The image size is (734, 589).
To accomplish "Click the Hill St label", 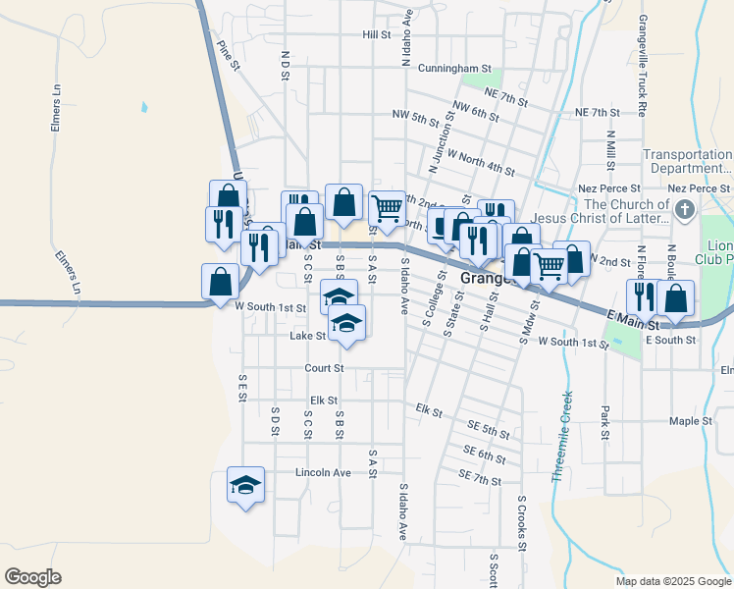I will coord(376,34).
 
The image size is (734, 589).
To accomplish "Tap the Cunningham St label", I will coord(453,69).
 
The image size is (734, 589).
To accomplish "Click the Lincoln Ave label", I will coord(323,473).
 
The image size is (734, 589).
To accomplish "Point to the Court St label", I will coord(324,368).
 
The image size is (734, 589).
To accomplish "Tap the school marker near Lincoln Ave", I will coord(245,484).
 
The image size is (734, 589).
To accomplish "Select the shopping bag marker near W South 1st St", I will coord(220,281).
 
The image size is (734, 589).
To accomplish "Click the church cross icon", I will coord(685,209).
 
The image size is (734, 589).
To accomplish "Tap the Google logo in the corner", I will coord(32,577).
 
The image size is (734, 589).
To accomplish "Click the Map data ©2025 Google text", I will coord(672,581).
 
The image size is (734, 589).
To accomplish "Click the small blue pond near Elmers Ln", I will coord(144,106).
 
